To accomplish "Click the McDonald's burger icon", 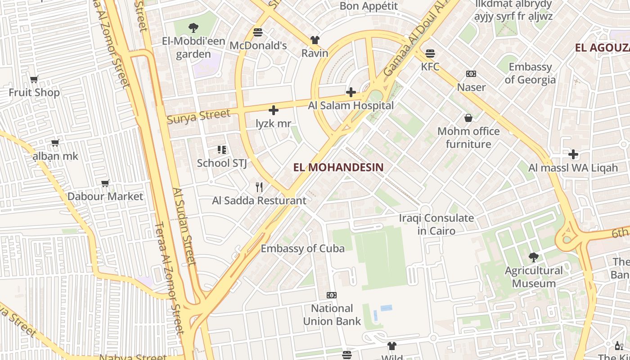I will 258,32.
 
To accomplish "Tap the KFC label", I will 430,67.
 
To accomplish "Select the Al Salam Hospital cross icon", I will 351,93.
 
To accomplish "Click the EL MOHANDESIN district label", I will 338,167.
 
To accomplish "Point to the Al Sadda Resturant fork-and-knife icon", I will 259,187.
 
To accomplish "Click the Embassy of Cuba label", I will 302,248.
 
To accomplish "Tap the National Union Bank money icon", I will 332,295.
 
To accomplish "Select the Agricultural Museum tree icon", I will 534,257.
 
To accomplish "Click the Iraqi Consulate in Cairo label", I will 436,225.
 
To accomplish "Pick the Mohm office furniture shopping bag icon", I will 468,118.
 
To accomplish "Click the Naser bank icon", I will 471,74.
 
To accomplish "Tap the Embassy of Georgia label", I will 530,73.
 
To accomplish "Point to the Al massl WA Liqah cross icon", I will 573,155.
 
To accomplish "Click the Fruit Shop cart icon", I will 34,80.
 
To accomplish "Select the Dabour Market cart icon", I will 105,183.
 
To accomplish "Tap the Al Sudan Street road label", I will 184,226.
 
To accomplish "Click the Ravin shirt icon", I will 315,40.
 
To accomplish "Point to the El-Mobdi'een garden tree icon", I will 193,28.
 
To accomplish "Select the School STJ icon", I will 221,149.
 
